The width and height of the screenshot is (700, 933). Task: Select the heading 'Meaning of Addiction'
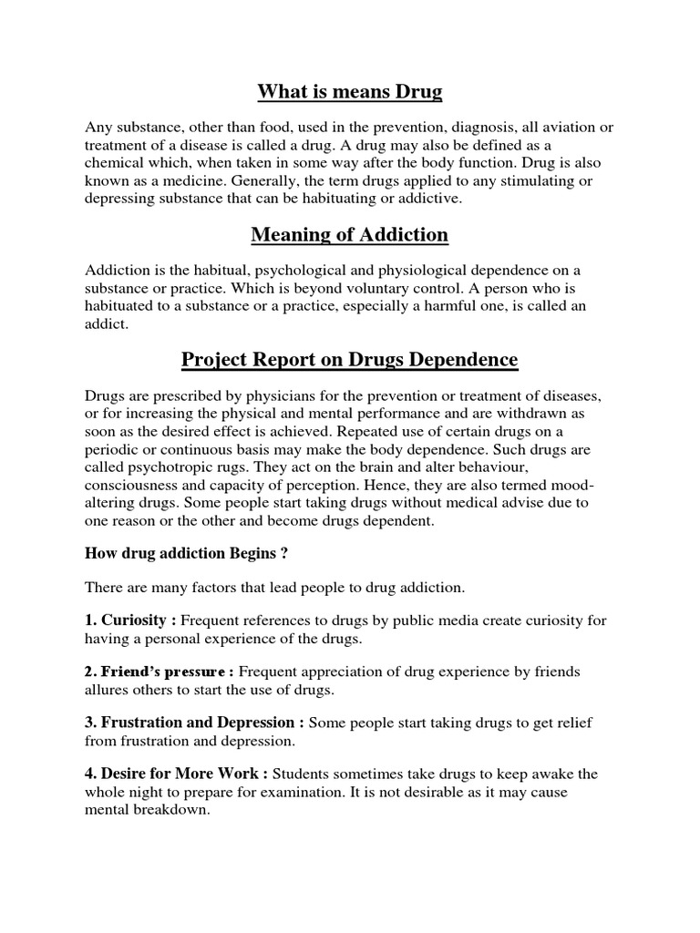pyautogui.click(x=350, y=235)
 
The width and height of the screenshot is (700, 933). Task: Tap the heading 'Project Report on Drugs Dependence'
pyautogui.click(x=350, y=360)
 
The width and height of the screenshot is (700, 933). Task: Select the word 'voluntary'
pyautogui.click(x=345, y=288)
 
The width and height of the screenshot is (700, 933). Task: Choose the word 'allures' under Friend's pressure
pyautogui.click(x=108, y=689)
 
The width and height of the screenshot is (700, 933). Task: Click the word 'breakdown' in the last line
pyautogui.click(x=170, y=809)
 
